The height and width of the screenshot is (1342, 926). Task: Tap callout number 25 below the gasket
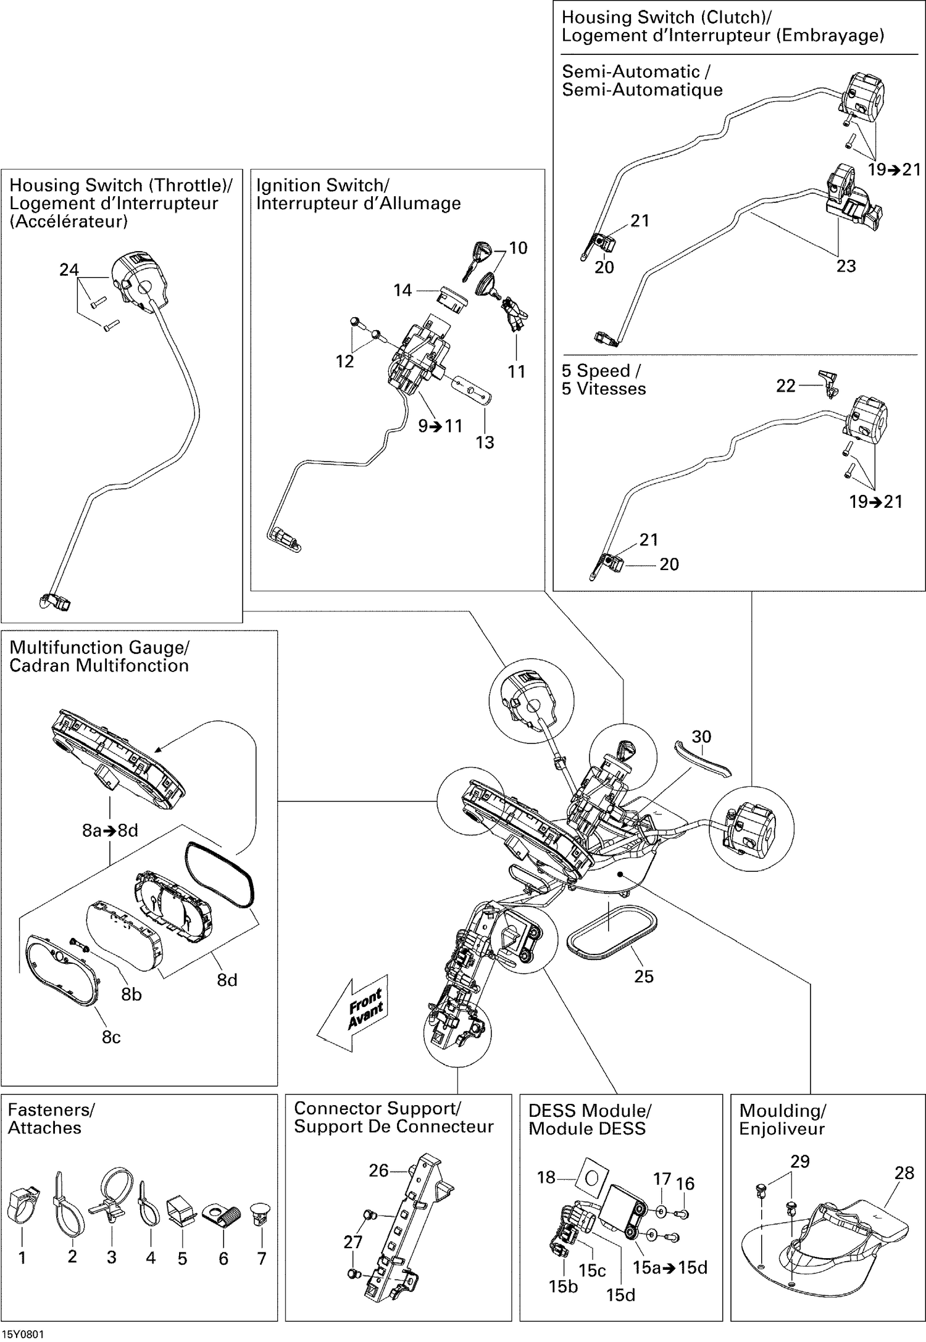[x=643, y=976]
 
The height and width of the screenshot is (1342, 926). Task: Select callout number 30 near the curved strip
[x=701, y=737]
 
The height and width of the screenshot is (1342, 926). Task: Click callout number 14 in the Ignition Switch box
[x=403, y=290]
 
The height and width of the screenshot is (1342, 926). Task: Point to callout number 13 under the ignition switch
[x=485, y=442]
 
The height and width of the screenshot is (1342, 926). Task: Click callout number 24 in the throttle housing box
[x=69, y=270]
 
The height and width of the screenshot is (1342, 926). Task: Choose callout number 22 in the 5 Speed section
[x=785, y=386]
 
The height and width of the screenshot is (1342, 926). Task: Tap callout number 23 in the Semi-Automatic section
[x=846, y=266]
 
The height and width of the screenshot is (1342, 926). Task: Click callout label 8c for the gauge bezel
[x=111, y=1037]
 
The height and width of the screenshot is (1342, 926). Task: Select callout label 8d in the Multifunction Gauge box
[x=227, y=980]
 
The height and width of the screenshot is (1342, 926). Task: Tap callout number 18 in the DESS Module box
[x=546, y=1177]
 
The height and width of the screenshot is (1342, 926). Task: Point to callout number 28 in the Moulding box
[x=904, y=1173]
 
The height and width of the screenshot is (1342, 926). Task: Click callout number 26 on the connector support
[x=378, y=1170]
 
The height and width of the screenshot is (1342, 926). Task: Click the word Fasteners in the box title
[x=51, y=1110]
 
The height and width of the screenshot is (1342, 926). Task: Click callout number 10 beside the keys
[x=518, y=248]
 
